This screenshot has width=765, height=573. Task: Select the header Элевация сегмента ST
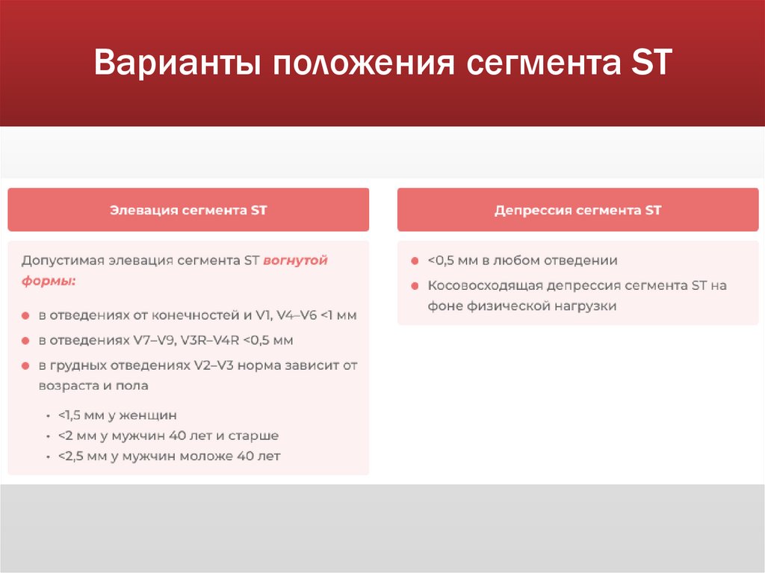tap(188, 211)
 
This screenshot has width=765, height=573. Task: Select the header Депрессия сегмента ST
tap(577, 211)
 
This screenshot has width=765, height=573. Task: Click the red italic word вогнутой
tap(295, 261)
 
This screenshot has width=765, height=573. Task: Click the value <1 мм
tap(338, 315)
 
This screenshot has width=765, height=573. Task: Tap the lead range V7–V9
tap(155, 340)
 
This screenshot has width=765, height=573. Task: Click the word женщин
tap(152, 415)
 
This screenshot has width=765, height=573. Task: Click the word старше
tap(253, 436)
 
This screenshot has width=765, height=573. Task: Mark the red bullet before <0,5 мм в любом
tap(413, 261)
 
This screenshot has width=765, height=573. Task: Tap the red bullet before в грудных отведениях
tap(25, 366)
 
